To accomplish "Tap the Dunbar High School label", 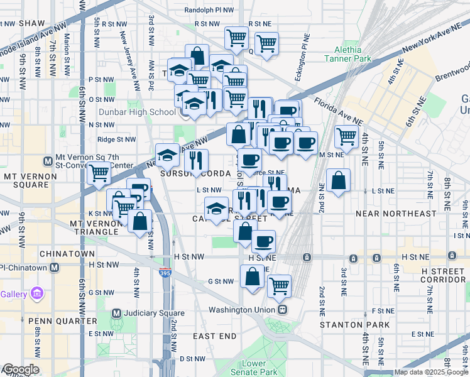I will tap(145, 112).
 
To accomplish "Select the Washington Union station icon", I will tap(283, 310).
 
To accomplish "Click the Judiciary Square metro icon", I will tap(116, 313).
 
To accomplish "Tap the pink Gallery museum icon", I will tap(37, 293).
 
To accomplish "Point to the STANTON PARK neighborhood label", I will tap(355, 325).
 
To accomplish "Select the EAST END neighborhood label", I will tap(214, 336).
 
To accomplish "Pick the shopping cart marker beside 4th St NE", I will tap(346, 135).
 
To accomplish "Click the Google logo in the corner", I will tap(20, 369).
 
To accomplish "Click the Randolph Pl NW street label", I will tap(210, 11).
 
